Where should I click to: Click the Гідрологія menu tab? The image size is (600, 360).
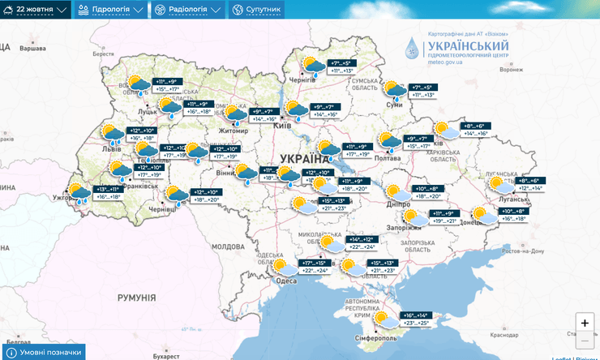tap(109, 10)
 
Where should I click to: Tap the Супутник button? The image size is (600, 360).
tap(257, 10)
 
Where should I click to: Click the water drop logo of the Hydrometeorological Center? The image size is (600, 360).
tap(414, 51)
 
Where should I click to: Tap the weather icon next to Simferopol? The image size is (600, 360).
tap(389, 319)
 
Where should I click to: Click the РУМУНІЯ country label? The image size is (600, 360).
tap(135, 298)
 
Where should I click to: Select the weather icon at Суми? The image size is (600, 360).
tap(395, 90)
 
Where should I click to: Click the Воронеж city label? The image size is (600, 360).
tap(512, 70)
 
